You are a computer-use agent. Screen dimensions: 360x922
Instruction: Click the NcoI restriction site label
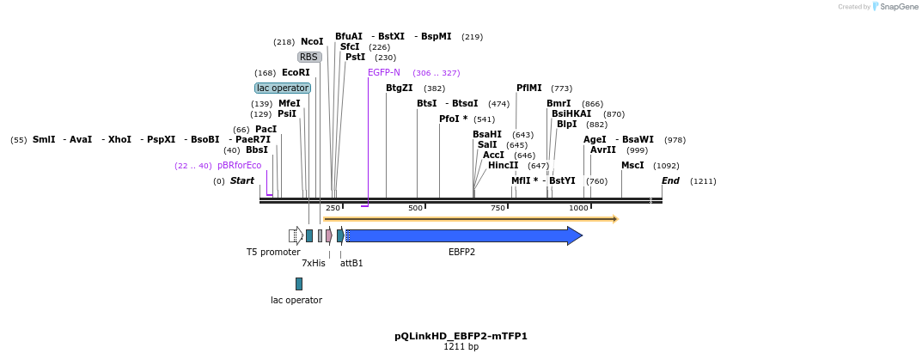coord(312,41)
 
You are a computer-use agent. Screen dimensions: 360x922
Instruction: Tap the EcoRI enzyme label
coord(296,72)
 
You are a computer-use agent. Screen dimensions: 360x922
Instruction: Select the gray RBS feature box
coord(309,57)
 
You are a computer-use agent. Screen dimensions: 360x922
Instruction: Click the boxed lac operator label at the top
coord(283,88)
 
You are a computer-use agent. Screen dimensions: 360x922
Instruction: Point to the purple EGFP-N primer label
coord(384,72)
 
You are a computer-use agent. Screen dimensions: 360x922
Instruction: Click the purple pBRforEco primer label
coord(239,165)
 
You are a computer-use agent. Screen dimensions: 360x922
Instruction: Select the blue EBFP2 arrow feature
coord(464,235)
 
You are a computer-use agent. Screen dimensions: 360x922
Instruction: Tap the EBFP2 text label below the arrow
coord(461,252)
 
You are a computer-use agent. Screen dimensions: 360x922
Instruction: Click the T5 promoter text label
coord(273,252)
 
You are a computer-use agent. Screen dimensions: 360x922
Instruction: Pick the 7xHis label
coord(314,263)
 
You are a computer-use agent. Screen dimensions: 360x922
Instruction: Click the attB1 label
coord(351,263)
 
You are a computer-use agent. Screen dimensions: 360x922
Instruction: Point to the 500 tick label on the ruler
coord(416,208)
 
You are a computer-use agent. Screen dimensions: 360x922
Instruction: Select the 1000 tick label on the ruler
coord(579,208)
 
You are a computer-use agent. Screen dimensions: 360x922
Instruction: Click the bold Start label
coord(242,180)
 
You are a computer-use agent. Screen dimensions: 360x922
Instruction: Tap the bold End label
coord(670,180)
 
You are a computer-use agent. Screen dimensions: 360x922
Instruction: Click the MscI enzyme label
coord(632,165)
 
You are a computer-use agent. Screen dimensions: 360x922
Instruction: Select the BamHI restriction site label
coord(487,134)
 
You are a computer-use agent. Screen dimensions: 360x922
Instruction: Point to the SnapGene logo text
coord(899,6)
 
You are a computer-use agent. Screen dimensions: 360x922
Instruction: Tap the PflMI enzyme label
coord(529,88)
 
